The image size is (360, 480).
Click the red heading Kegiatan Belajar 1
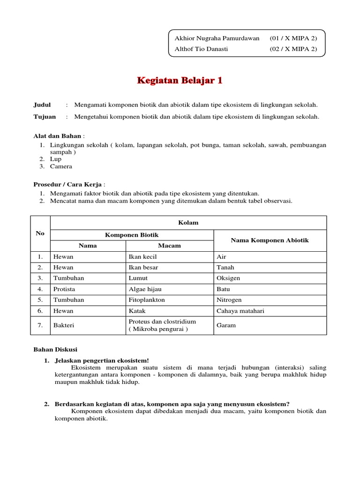[x=180, y=81]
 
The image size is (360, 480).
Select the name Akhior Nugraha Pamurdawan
[x=217, y=38]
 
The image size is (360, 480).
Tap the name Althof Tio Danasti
[x=201, y=49]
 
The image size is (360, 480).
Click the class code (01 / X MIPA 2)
[x=293, y=38]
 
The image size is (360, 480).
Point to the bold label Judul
[x=42, y=105]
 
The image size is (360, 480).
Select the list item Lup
[x=56, y=159]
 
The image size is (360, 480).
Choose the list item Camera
[x=61, y=166]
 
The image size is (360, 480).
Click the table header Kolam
[x=188, y=223]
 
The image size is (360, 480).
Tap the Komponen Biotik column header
[x=132, y=235]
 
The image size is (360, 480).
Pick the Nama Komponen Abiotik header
[x=270, y=240]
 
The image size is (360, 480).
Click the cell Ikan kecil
[x=144, y=257]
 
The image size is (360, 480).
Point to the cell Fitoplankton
[x=147, y=300]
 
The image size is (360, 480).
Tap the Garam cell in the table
[x=226, y=325]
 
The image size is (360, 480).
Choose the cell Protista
[x=64, y=289]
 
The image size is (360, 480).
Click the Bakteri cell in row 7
[x=64, y=325]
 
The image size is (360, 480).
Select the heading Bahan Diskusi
[x=55, y=350]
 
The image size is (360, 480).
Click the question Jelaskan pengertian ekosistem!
[x=102, y=360]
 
